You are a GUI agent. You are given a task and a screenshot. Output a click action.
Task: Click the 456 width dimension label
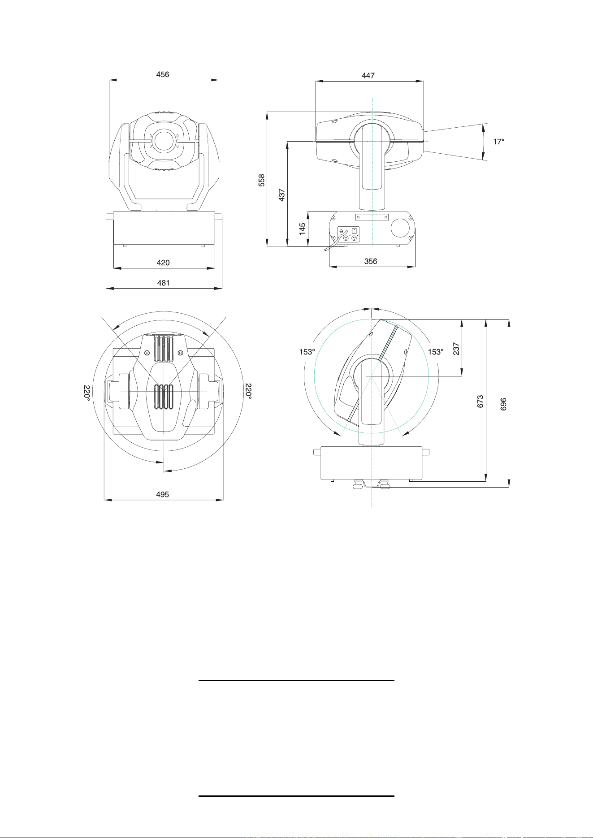[163, 74]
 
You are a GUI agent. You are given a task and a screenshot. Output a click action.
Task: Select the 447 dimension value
[368, 75]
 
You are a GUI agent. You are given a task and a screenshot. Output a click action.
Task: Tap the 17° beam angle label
[498, 141]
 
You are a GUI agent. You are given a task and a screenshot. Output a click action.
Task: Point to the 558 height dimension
[262, 180]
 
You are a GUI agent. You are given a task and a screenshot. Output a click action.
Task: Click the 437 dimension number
[282, 194]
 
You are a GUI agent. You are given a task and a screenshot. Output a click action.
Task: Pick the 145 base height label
[303, 229]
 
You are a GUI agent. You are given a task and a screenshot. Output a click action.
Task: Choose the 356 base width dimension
[371, 261]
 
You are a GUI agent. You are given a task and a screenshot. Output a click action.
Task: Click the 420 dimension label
[163, 263]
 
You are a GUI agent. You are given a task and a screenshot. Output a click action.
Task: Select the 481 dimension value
[163, 283]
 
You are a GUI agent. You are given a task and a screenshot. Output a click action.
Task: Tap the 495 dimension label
[162, 494]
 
